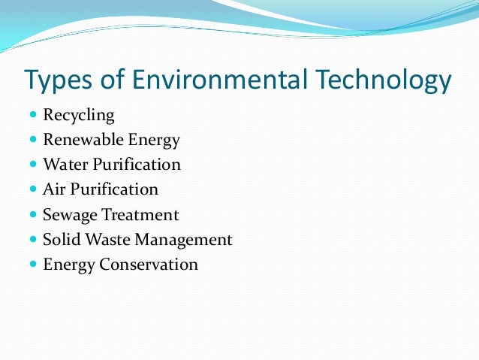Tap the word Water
tap(66, 165)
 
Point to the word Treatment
tap(141, 214)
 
